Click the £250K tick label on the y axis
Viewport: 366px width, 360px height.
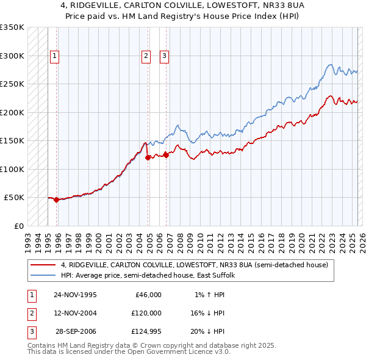coord(12,84)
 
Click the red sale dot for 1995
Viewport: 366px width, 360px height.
coord(57,200)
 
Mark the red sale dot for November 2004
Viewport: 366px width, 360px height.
coord(148,157)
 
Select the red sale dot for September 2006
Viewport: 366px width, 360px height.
coord(167,155)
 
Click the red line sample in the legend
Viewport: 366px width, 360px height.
coord(43,265)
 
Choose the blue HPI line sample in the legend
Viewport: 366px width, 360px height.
coord(43,275)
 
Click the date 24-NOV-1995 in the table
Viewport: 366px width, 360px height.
coord(75,295)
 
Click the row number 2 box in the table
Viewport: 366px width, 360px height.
coord(30,313)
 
